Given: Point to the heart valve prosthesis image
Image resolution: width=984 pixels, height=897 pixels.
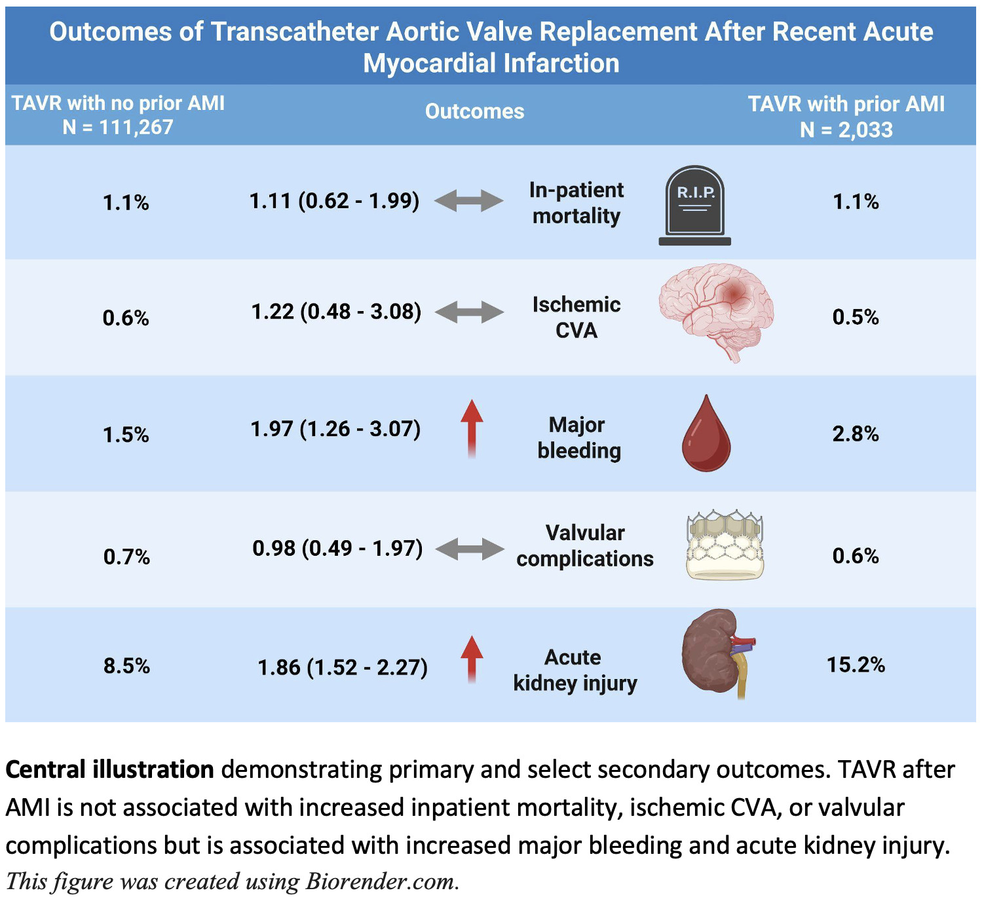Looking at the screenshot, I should (x=725, y=545).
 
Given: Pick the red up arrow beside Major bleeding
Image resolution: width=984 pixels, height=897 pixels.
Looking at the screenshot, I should (x=472, y=429).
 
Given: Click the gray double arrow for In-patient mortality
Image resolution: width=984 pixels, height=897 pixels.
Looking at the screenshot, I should (x=469, y=200).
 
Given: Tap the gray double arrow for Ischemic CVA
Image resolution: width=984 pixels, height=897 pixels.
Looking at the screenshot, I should (x=470, y=312).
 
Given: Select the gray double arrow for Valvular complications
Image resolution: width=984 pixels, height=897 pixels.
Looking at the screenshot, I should (x=470, y=549).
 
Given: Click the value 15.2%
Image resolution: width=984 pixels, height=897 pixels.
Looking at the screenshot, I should (x=856, y=665).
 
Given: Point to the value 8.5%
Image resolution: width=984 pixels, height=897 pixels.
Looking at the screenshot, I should (x=126, y=666).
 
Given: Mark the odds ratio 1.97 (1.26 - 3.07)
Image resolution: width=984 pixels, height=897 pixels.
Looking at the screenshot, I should (x=335, y=429).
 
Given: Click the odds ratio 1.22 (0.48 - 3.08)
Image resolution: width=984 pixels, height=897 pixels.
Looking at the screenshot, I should (x=336, y=312).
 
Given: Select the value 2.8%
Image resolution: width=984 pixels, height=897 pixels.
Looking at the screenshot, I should (x=856, y=433).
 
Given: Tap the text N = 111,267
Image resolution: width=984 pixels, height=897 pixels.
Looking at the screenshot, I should (x=118, y=127).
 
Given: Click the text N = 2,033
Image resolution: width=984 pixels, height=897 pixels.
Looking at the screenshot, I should (x=846, y=130).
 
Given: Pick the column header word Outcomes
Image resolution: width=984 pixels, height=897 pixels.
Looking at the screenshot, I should (x=474, y=111).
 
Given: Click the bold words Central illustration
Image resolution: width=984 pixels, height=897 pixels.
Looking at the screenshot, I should (x=109, y=769).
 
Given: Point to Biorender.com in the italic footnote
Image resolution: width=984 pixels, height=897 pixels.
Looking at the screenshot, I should (x=381, y=881).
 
